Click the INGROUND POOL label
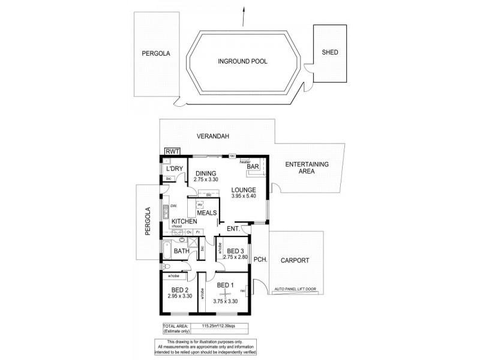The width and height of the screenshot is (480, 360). click(242, 61)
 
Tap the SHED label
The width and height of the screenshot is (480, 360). click(330, 52)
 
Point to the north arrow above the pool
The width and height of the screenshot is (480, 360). click(242, 15)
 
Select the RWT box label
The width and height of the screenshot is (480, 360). click(172, 151)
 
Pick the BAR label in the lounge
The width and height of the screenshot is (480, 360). click(253, 166)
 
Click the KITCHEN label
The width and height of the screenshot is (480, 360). click(184, 221)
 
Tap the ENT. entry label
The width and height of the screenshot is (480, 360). click(233, 229)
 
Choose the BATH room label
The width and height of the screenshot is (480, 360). click(181, 251)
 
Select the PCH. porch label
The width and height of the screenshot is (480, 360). click(260, 260)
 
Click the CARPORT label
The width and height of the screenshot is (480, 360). click(297, 260)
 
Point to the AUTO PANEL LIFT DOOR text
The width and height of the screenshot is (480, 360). click(303, 289)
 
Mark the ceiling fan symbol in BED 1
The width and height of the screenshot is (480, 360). click(226, 293)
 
